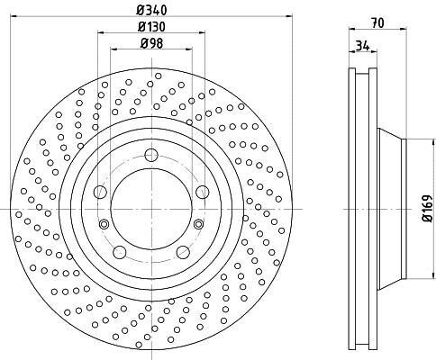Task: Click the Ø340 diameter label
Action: click(x=151, y=11)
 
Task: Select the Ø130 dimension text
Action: click(x=151, y=27)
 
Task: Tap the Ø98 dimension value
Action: click(x=151, y=44)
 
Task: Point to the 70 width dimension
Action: click(x=377, y=22)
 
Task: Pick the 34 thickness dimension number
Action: click(x=362, y=46)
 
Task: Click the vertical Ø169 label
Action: click(x=427, y=209)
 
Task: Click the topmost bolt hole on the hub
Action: click(x=151, y=155)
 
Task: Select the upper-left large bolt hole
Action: click(x=100, y=192)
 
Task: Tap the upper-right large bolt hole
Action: click(x=203, y=192)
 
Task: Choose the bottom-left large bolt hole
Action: click(x=120, y=252)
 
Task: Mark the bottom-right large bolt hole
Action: click(x=183, y=252)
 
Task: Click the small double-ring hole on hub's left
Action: click(x=104, y=224)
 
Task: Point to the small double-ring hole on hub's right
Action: click(x=198, y=224)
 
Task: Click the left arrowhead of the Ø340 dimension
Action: click(x=14, y=16)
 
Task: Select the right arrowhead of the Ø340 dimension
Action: click(x=289, y=16)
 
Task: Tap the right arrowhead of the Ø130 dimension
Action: click(x=202, y=32)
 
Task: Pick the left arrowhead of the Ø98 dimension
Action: click(x=114, y=49)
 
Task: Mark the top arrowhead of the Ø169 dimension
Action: click(x=434, y=142)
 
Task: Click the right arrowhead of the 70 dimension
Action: click(x=404, y=29)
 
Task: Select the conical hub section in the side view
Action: click(x=389, y=209)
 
